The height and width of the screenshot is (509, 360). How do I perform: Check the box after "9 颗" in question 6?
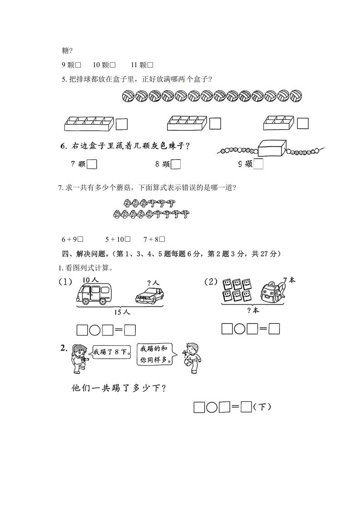258,164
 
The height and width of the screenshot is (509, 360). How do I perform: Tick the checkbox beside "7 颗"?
92,164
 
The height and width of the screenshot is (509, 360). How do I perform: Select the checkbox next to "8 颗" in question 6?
176,164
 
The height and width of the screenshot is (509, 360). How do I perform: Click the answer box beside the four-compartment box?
303,123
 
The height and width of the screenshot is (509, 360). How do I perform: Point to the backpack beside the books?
273,292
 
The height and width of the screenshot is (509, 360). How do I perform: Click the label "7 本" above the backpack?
289,280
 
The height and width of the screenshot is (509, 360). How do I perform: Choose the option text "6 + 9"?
69,239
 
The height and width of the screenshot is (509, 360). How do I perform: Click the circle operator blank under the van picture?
95,330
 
